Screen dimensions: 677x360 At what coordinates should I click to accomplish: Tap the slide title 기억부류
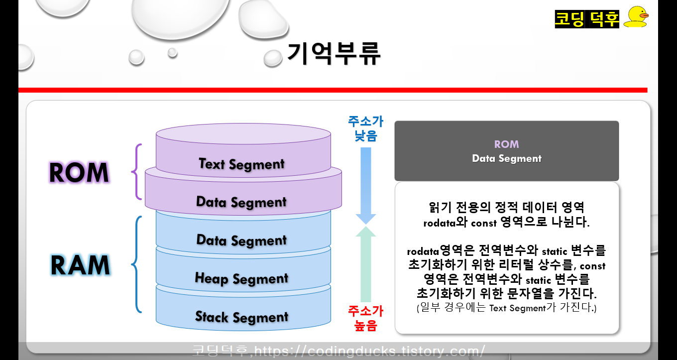[334, 54]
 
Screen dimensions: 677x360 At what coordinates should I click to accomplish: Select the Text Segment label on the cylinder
[241, 164]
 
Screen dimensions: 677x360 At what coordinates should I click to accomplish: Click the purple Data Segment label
[241, 202]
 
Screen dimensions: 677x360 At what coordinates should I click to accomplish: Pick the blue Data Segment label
[241, 240]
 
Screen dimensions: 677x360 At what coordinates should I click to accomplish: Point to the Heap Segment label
[241, 278]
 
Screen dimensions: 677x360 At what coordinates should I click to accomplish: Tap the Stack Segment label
[241, 317]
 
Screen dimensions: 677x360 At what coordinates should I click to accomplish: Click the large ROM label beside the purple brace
[79, 173]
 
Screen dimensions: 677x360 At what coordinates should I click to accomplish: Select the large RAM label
[80, 265]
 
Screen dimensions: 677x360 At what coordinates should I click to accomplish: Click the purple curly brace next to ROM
[136, 172]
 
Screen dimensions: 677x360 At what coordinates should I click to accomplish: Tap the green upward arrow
[366, 264]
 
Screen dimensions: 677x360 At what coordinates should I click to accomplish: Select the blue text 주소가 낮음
[365, 128]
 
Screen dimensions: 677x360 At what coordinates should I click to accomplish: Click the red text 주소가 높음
[365, 319]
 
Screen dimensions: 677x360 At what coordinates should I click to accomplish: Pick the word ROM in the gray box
[506, 144]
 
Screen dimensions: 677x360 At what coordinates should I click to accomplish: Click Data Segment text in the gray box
[506, 159]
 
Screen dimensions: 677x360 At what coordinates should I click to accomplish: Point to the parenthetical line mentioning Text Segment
[506, 308]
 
